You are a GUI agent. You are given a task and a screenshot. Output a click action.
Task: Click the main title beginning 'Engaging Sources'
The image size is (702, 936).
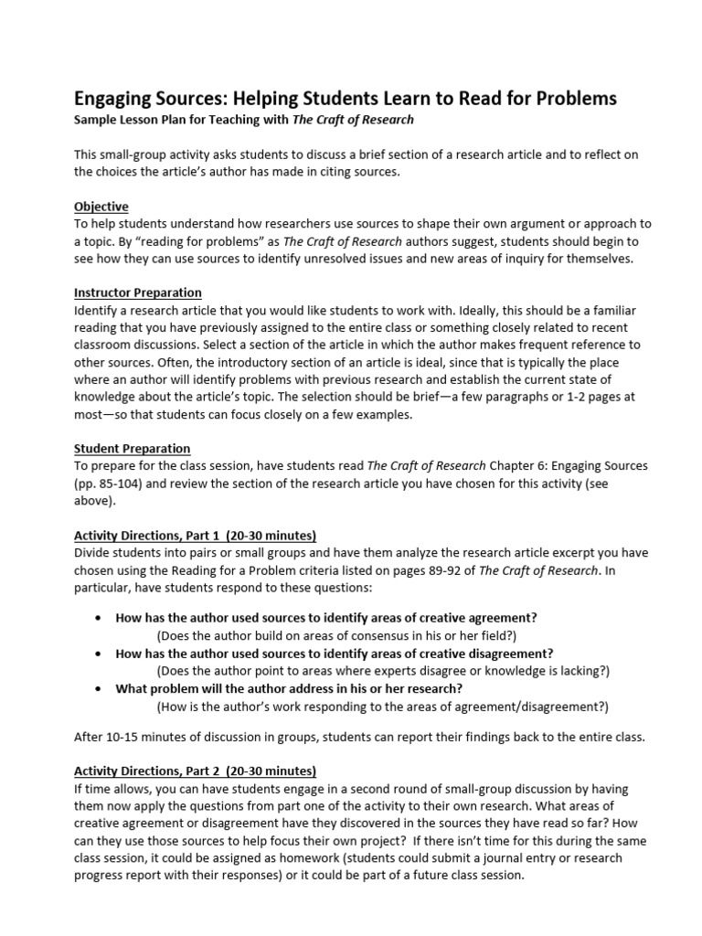click(x=345, y=98)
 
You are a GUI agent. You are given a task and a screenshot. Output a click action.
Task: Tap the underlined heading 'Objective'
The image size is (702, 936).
click(x=101, y=207)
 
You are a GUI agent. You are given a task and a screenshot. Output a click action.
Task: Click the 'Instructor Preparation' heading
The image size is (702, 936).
click(x=137, y=292)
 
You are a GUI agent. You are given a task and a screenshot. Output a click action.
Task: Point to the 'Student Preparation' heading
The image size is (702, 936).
click(x=132, y=448)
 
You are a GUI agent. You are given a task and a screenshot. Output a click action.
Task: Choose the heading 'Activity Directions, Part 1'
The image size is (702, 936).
click(x=195, y=535)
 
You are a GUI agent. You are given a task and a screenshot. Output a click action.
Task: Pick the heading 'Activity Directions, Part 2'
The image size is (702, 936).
click(x=195, y=770)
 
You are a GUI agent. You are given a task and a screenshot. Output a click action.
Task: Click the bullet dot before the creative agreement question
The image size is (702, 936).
click(x=98, y=618)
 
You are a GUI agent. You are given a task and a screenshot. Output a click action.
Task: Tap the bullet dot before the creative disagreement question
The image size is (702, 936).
click(x=98, y=654)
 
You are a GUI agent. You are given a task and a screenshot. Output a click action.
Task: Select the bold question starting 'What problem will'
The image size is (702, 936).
click(x=289, y=688)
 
